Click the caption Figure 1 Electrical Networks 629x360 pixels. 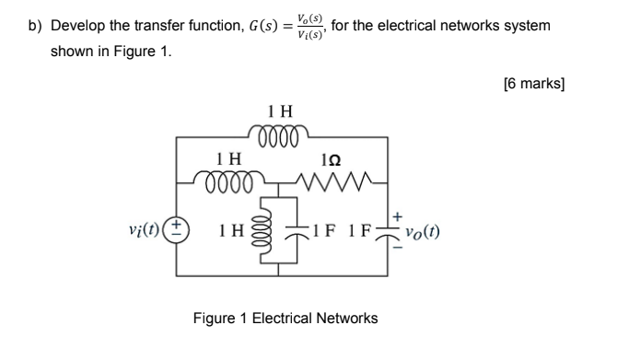[285, 319]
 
